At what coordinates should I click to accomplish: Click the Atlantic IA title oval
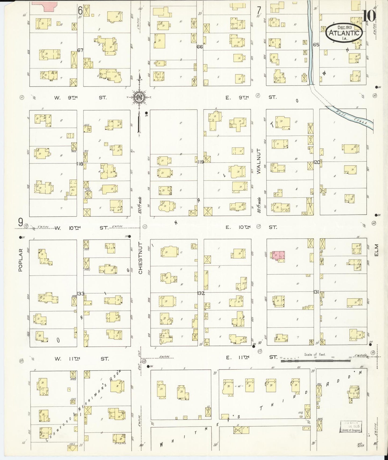[x=345, y=33]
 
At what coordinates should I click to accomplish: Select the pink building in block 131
[x=279, y=255]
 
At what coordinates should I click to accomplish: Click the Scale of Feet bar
[x=316, y=361]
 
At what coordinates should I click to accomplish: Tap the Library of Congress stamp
[x=350, y=426]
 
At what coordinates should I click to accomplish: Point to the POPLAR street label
[x=20, y=260]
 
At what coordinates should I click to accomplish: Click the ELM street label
[x=376, y=250]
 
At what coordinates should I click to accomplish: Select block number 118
[x=80, y=164]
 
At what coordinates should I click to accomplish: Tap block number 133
[x=80, y=293]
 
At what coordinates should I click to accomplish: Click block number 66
[x=200, y=47]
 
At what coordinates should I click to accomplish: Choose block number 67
[x=80, y=50]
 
